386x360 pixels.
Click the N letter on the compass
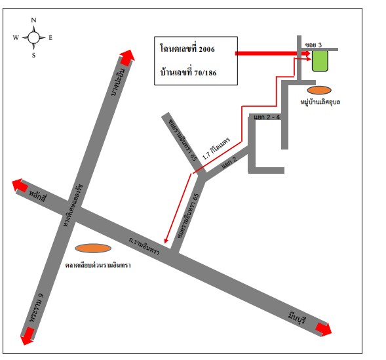coord(33,20)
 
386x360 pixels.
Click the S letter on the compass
coord(33,55)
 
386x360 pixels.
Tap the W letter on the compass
coord(16,37)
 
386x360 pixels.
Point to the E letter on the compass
coord(50,37)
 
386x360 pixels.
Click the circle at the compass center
coord(33,37)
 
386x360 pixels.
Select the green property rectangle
coord(320,61)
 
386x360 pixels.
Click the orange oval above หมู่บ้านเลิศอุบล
coord(319,90)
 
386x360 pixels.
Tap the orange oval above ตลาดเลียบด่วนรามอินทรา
coord(93,249)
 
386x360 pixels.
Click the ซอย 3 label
coord(313,45)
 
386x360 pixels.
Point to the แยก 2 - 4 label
coord(267,117)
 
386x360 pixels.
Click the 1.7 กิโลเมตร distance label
coord(216,148)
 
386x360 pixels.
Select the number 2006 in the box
coord(207,49)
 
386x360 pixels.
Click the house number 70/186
coord(205,73)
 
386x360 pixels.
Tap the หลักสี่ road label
coord(37,196)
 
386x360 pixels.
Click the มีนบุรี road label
coord(297,318)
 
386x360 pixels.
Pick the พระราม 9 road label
coord(36,308)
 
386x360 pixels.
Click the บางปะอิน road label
coord(118,82)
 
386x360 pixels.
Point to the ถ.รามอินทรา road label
coord(144,246)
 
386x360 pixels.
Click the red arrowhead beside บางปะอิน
coord(127,58)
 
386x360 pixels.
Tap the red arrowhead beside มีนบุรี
coord(324,329)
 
